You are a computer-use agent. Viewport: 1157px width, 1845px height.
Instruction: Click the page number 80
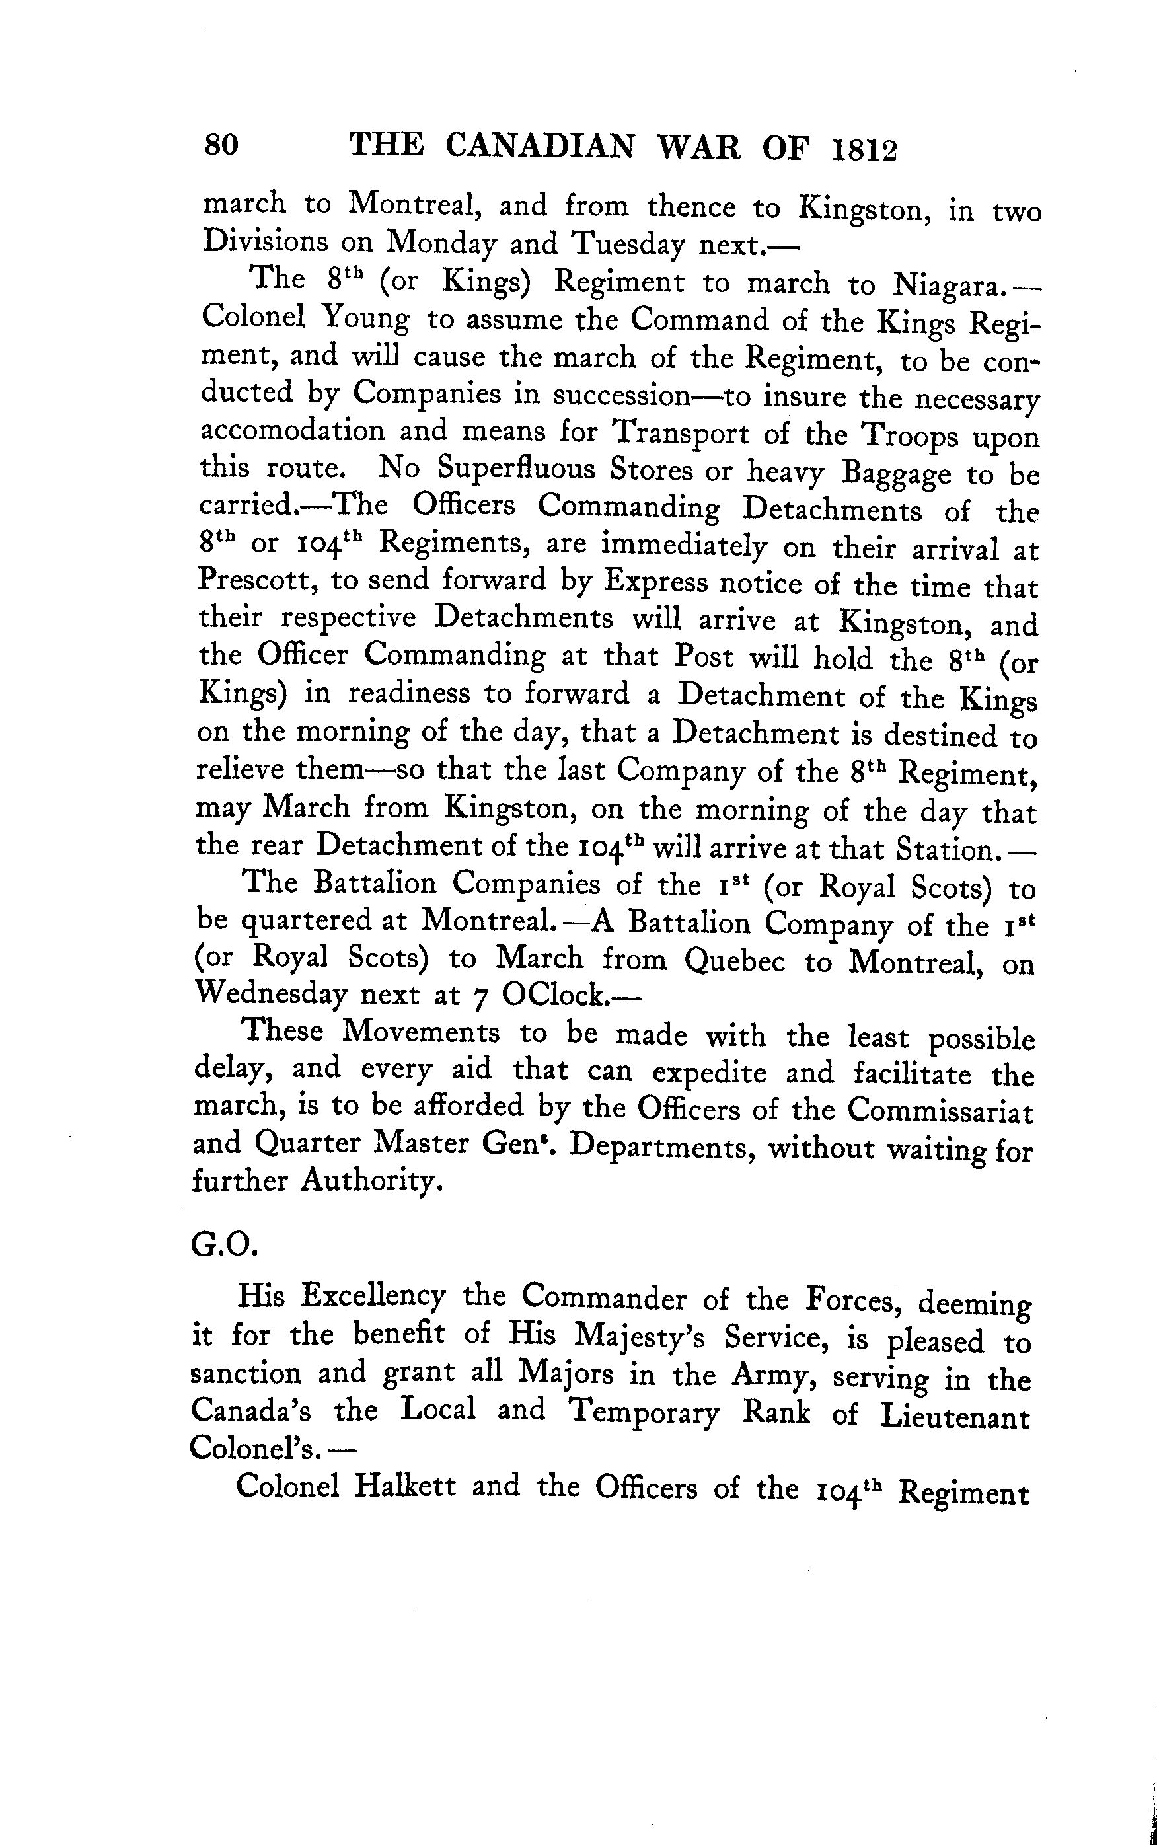pos(221,144)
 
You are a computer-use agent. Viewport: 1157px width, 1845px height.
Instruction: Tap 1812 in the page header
pos(862,149)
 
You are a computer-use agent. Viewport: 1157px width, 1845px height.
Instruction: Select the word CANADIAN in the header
pos(539,145)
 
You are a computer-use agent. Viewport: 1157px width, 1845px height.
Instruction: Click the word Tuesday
pos(630,245)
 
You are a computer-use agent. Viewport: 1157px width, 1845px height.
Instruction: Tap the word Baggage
pos(895,474)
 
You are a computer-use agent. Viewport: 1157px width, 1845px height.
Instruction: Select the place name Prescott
pos(257,582)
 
